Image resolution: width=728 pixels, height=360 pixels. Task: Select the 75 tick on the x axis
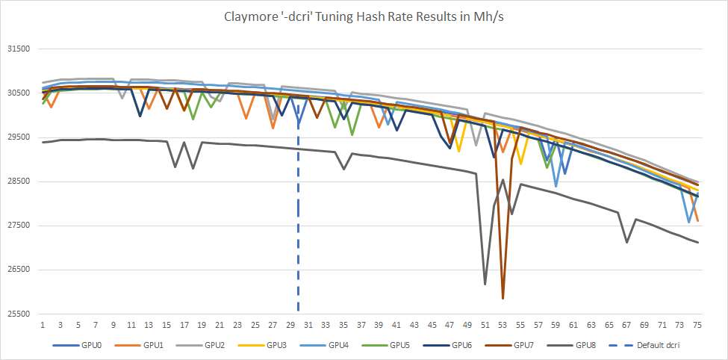697,326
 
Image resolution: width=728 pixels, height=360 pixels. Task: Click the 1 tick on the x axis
43,326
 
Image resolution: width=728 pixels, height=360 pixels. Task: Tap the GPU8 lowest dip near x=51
485,284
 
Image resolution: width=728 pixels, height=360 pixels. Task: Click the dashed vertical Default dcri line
299,224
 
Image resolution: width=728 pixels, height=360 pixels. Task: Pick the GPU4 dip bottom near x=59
556,186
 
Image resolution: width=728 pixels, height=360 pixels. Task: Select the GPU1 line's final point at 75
697,221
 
